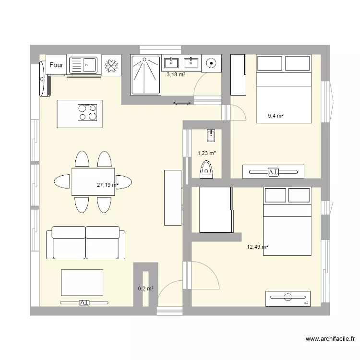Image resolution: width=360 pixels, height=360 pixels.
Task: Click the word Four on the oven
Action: pos(57,65)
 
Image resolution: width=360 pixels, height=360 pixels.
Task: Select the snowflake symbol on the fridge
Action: pos(112,66)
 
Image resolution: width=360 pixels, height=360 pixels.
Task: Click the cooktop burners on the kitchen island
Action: pos(88,112)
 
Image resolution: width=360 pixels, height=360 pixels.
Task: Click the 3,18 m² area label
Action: pos(176,74)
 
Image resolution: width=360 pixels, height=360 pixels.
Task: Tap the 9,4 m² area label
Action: pos(276,116)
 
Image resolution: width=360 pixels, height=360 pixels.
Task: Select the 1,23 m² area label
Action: pos(206,154)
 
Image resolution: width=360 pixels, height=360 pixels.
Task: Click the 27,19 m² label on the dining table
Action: pos(107,184)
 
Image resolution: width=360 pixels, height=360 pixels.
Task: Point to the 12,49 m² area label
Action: pos(257,247)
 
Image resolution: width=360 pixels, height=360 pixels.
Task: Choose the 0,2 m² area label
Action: pos(145,288)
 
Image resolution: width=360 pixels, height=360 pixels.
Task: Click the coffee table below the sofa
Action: pos(82,282)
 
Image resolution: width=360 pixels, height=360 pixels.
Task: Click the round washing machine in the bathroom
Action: pos(211,63)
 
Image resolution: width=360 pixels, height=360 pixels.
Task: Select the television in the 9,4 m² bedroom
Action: pos(274,171)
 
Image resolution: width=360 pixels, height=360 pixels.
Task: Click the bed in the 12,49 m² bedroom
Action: pos(287,221)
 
